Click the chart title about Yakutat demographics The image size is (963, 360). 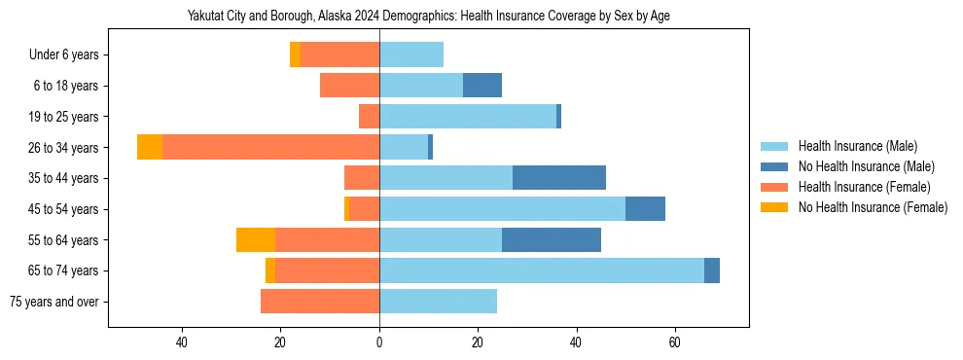pos(428,16)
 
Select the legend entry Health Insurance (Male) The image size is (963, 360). pos(856,146)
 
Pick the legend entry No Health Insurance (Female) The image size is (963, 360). pos(873,207)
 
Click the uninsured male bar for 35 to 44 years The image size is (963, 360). pos(559,178)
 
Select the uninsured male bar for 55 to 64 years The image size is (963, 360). pos(552,239)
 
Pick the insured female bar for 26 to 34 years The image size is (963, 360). pos(270,147)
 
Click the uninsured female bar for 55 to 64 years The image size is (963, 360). pos(256,239)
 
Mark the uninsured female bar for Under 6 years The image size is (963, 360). pos(295,55)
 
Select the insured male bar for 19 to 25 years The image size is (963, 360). pos(468,117)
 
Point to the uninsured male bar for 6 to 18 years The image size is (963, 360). pos(482,86)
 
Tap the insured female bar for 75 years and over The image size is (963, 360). pos(320,302)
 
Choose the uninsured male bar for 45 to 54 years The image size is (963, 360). pos(645,209)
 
